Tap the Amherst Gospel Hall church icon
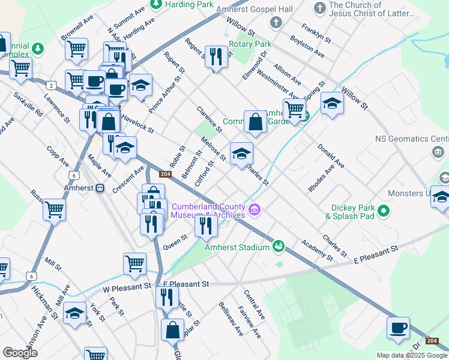point(276,23)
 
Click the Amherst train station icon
point(100,188)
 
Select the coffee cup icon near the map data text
point(397,328)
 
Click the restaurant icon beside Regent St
point(216,57)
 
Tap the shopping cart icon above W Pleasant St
point(134,263)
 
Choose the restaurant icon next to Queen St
point(205,226)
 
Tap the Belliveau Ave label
point(231,318)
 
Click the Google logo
point(20,353)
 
